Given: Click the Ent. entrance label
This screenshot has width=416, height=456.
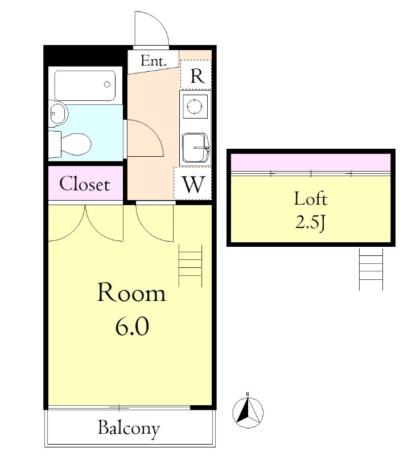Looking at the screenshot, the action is pyautogui.click(x=153, y=61).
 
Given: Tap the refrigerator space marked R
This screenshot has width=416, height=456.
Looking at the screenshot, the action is pyautogui.click(x=196, y=75).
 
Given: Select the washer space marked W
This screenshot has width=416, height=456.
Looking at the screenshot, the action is pyautogui.click(x=192, y=184).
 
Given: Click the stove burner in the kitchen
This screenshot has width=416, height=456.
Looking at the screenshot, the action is pyautogui.click(x=195, y=106).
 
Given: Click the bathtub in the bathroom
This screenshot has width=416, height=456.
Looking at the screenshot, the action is pyautogui.click(x=85, y=85).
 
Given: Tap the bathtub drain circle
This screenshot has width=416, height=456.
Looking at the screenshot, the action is pyautogui.click(x=107, y=84).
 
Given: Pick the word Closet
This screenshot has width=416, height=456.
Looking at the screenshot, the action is pyautogui.click(x=85, y=184).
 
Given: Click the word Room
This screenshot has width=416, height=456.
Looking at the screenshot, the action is pyautogui.click(x=131, y=292).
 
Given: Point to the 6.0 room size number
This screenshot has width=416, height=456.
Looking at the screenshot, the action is pyautogui.click(x=132, y=326).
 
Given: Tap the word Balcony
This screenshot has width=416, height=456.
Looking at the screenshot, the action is pyautogui.click(x=129, y=429).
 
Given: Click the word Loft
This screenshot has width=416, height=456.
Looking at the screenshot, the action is pyautogui.click(x=311, y=199).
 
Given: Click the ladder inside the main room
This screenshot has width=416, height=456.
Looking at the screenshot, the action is pyautogui.click(x=190, y=266).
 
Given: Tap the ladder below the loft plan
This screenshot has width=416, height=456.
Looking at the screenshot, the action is pyautogui.click(x=371, y=269).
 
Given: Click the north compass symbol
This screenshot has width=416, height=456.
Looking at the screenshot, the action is pyautogui.click(x=248, y=412).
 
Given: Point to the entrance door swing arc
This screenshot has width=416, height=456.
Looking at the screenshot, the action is pyautogui.click(x=159, y=23).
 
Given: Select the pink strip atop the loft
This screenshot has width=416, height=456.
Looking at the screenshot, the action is pyautogui.click(x=311, y=162).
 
